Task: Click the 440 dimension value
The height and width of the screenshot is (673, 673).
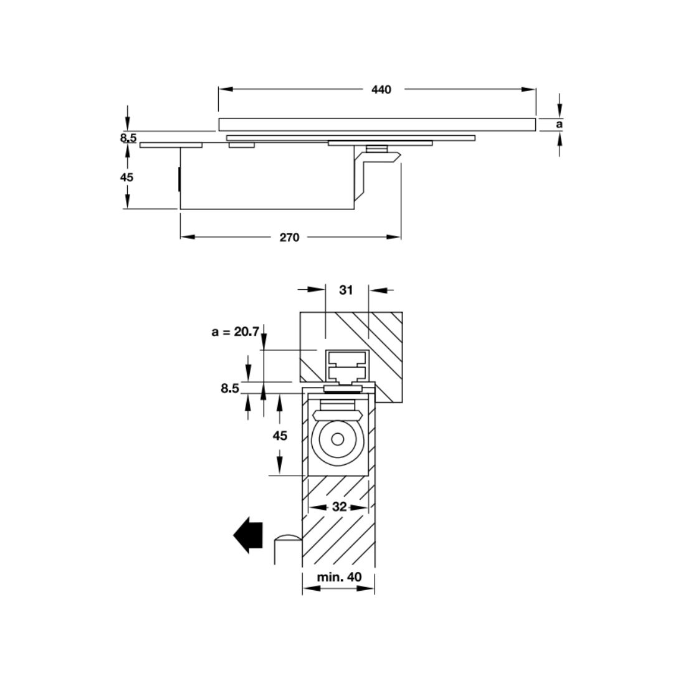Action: (381, 90)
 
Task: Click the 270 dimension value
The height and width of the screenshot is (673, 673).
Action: (289, 237)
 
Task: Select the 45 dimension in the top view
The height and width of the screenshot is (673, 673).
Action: (126, 177)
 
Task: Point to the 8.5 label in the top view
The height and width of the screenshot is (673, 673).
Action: (128, 138)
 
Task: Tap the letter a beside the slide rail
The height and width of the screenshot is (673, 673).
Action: (559, 125)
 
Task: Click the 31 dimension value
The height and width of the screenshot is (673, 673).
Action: (346, 290)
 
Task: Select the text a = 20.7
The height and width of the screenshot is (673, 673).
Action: (235, 332)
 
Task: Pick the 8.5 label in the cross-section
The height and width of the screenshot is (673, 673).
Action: (229, 388)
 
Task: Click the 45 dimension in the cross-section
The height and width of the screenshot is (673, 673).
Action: (280, 436)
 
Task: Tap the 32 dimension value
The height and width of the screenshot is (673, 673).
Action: (339, 507)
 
